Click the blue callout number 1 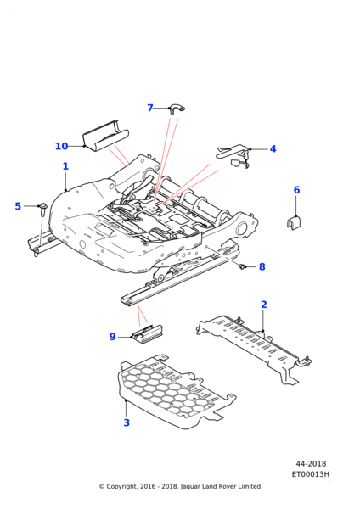pos(65,166)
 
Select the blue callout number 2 pos(264,305)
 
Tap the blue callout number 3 pos(127,422)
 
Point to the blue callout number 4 pos(273,149)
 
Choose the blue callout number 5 pos(18,206)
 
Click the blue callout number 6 pos(296,190)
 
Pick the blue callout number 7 pos(150,108)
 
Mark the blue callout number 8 pos(262,267)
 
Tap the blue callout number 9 pos(112,337)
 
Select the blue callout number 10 pos(61,147)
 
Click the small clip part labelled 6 pos(294,223)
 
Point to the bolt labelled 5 pos(42,209)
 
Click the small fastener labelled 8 pos(241,266)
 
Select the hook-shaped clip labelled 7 pos(177,109)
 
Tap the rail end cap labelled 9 pos(147,333)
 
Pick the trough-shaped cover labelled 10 pos(105,137)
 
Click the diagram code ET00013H pos(310,474)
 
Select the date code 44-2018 pos(311,464)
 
